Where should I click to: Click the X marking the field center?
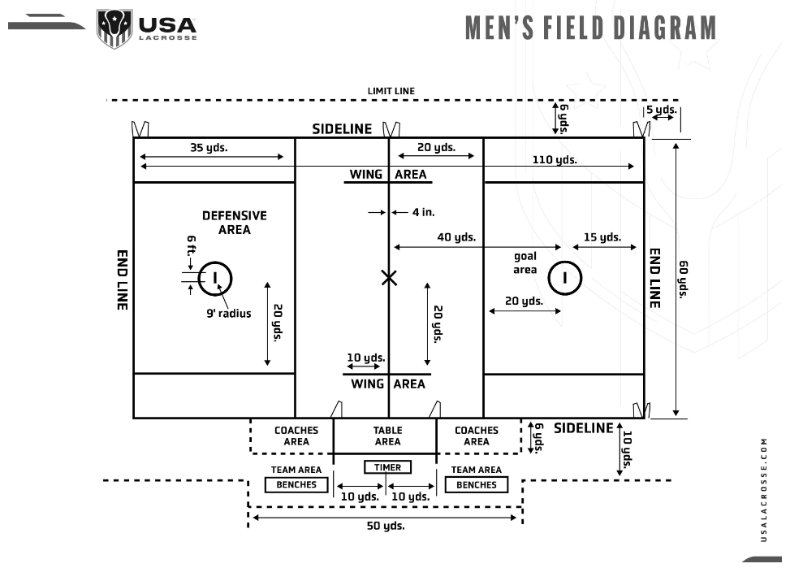[389, 278]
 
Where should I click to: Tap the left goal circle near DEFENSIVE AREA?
[215, 278]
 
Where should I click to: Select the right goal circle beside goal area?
[564, 278]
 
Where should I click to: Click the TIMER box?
[388, 467]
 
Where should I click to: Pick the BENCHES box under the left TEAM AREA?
[296, 485]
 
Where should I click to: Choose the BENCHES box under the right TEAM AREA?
[477, 485]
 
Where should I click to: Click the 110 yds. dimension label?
[555, 160]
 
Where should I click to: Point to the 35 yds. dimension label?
[209, 148]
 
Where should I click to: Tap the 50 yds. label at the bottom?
[386, 526]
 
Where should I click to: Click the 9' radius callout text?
[228, 313]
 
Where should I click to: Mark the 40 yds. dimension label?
[456, 237]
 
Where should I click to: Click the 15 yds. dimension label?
[602, 237]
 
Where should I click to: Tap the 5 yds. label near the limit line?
[661, 109]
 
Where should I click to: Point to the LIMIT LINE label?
[391, 91]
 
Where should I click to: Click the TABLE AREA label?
[387, 436]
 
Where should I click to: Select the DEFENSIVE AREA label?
[234, 223]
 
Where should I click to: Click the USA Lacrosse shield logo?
[114, 28]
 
